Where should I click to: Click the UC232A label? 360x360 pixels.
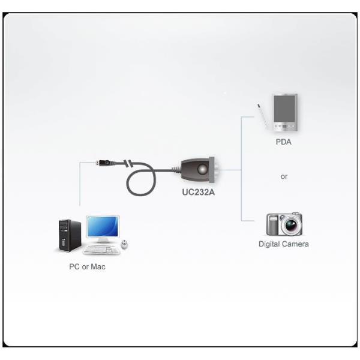[199, 193]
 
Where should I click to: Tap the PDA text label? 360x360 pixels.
[284, 142]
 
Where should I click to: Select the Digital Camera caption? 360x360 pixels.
[284, 244]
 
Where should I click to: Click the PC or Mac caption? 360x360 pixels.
[87, 266]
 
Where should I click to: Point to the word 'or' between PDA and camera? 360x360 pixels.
[284, 177]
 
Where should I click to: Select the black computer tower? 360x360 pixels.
[70, 235]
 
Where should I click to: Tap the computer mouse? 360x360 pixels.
[124, 245]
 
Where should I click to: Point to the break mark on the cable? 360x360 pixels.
[127, 164]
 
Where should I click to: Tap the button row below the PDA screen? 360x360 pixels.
[284, 126]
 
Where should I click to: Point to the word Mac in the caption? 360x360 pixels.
[98, 266]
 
